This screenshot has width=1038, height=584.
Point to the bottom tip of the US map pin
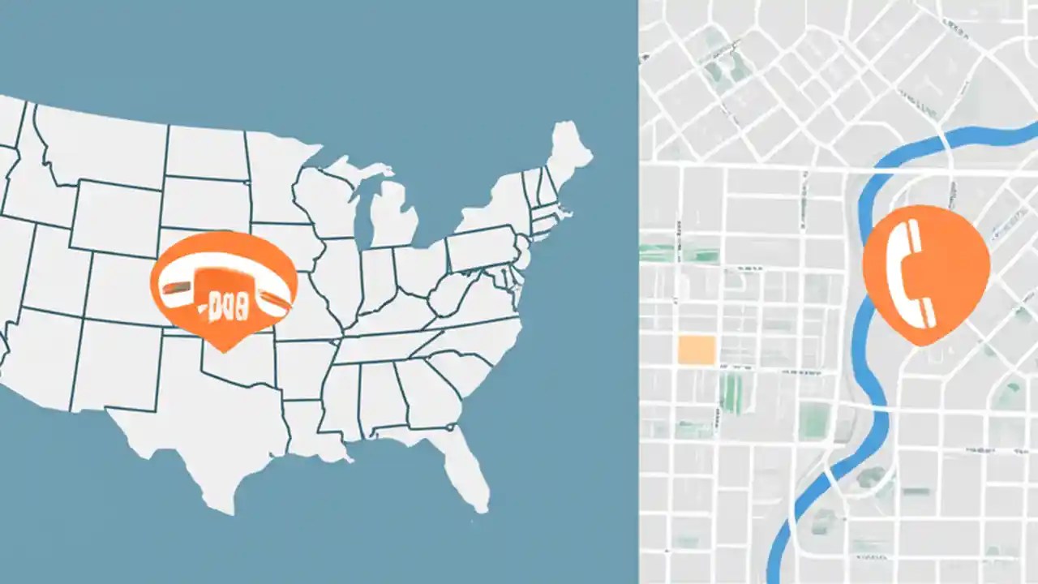click(x=224, y=351)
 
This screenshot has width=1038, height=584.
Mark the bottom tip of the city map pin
click(x=921, y=344)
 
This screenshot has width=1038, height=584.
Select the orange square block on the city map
click(x=696, y=350)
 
